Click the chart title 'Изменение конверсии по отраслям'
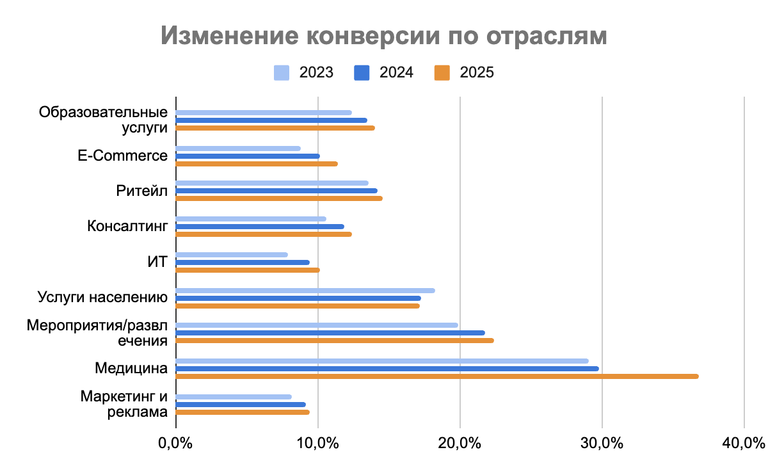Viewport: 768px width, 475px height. click(383, 36)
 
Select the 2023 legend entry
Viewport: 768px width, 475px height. click(304, 72)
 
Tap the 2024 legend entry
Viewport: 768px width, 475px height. click(383, 72)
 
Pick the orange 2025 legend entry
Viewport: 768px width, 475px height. click(464, 72)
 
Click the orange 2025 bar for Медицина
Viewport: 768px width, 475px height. click(436, 376)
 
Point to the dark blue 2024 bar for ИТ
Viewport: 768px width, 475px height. click(243, 262)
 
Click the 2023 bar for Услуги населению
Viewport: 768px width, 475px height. click(305, 291)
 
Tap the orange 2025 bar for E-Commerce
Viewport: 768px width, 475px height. click(257, 164)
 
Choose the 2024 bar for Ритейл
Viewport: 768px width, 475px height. click(276, 191)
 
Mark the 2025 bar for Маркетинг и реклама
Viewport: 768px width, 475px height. click(243, 412)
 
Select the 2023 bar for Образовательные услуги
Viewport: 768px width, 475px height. click(264, 113)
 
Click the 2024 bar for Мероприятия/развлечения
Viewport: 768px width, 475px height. click(330, 333)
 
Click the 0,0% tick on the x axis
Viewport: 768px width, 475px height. click(175, 443)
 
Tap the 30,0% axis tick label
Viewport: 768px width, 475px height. click(602, 443)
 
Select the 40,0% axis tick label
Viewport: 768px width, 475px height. click(744, 443)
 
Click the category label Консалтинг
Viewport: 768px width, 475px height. click(127, 226)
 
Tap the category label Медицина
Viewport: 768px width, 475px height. click(131, 368)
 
